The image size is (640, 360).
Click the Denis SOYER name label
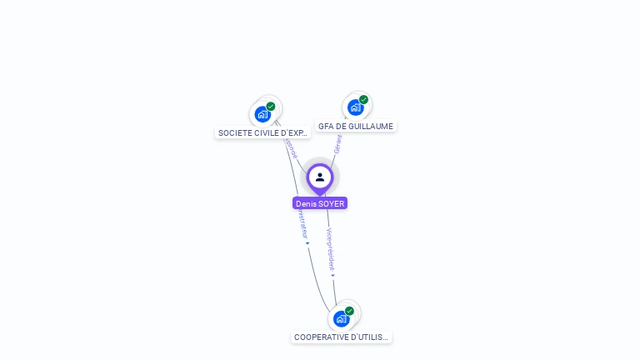click(x=320, y=203)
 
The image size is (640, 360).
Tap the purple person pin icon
click(x=320, y=177)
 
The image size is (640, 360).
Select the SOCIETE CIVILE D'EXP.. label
click(x=263, y=132)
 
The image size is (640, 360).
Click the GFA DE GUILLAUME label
click(x=356, y=127)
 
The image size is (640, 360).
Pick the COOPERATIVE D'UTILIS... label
click(x=341, y=337)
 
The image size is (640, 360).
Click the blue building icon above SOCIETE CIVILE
click(x=262, y=114)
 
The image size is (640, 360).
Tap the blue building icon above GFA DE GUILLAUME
click(x=355, y=107)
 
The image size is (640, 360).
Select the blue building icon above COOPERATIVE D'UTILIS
click(x=341, y=318)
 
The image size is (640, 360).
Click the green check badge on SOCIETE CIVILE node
click(x=271, y=106)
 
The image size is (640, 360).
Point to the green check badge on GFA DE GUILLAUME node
click(x=363, y=99)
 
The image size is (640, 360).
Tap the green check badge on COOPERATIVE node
click(x=349, y=311)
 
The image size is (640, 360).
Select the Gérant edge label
click(x=338, y=144)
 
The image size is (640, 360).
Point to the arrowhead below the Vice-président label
click(x=333, y=275)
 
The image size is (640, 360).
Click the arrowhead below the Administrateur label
click(x=307, y=243)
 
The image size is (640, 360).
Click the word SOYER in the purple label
click(x=331, y=203)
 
